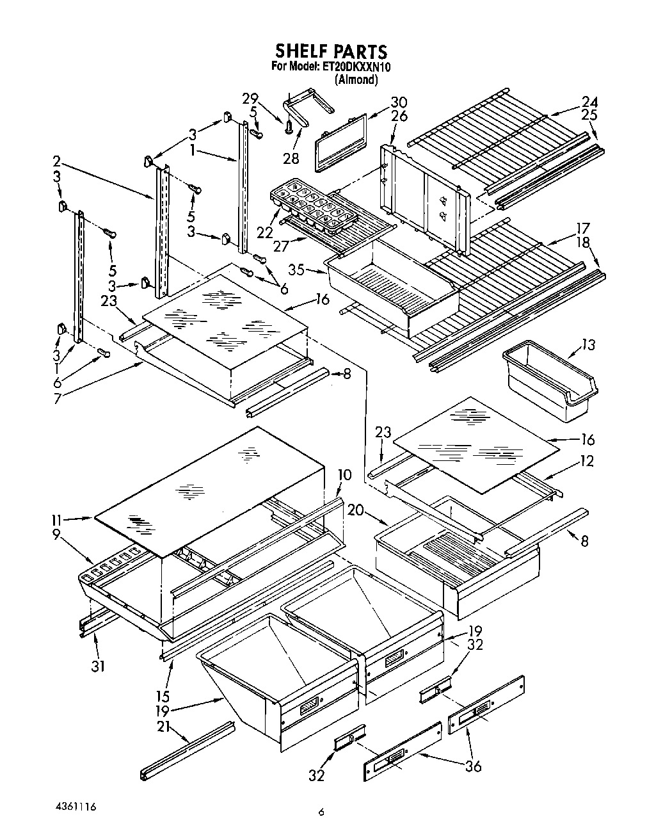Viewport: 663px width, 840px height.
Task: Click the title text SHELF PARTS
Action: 331,51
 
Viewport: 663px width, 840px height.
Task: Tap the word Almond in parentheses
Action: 356,80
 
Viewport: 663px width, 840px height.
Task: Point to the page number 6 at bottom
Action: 321,814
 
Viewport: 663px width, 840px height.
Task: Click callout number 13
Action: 587,346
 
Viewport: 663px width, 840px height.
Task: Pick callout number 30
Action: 399,102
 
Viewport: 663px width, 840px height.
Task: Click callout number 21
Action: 165,726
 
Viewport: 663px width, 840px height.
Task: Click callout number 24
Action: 589,102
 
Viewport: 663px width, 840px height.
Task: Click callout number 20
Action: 356,510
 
